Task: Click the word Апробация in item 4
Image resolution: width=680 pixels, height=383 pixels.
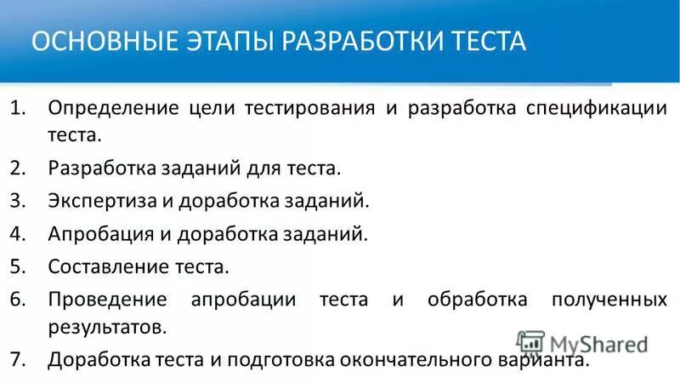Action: pyautogui.click(x=94, y=234)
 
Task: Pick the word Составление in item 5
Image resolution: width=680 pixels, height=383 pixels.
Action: pyautogui.click(x=104, y=267)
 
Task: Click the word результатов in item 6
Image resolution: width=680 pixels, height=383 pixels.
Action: pyautogui.click(x=105, y=326)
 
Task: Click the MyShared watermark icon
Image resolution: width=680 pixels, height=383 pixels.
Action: pyautogui.click(x=530, y=343)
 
